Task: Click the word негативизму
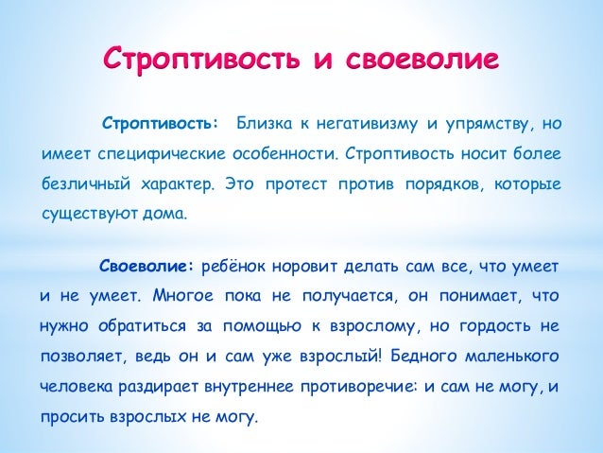point(357,123)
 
